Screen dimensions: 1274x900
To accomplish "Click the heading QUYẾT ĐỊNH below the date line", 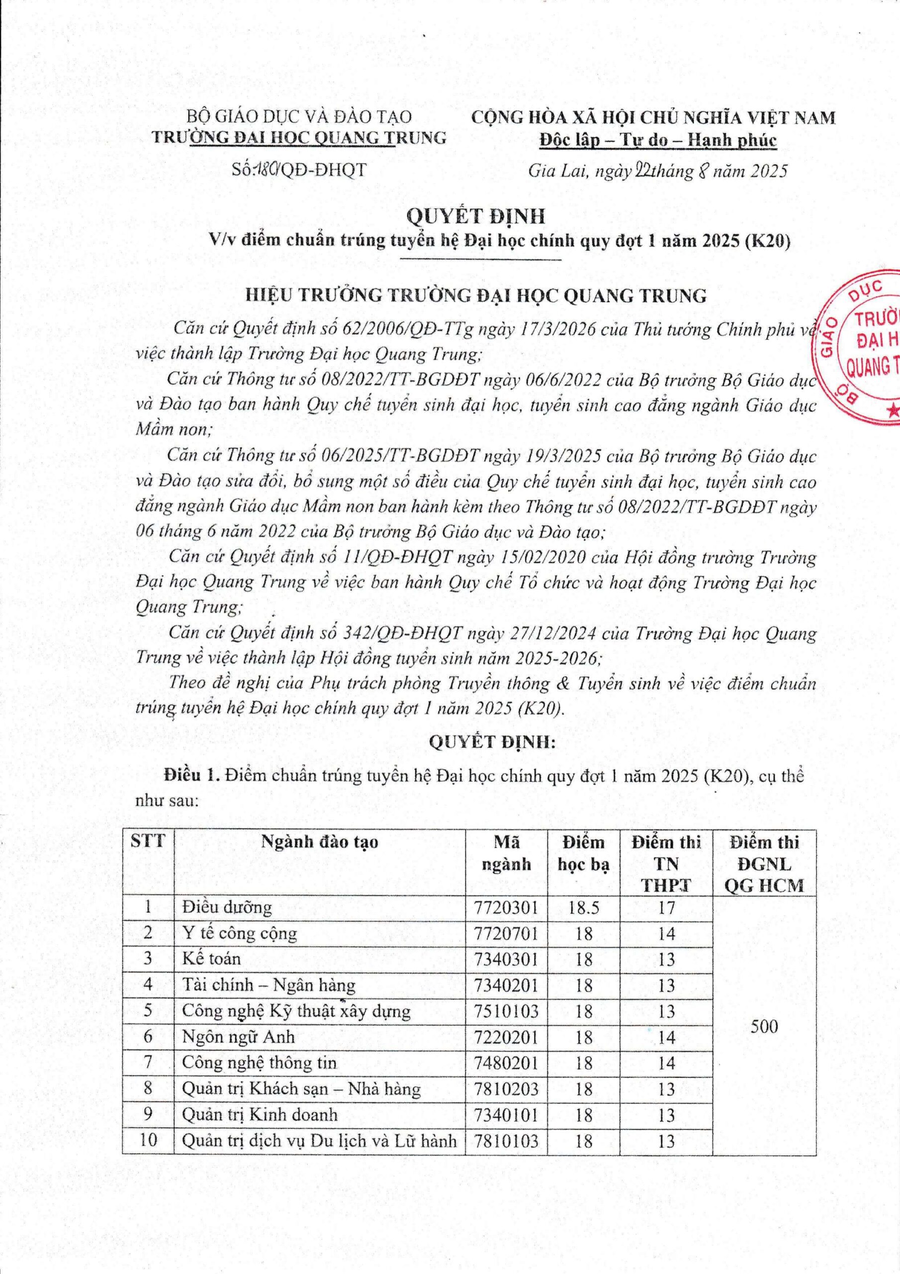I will click(476, 216).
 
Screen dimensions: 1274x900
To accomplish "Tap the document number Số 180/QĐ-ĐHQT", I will click(299, 169).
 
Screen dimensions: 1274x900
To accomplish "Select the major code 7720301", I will click(506, 907).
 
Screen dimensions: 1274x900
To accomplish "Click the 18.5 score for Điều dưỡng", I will click(583, 907).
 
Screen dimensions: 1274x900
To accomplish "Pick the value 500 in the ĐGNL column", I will click(764, 1027).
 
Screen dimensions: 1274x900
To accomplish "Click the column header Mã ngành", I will click(506, 853).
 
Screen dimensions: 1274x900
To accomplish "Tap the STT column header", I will click(148, 841).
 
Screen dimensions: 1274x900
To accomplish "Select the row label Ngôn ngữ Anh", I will click(239, 1037).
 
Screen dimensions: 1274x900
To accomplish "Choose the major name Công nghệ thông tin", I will click(259, 1063).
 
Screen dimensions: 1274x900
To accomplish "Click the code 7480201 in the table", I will click(506, 1063).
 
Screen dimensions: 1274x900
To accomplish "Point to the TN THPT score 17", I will click(666, 907).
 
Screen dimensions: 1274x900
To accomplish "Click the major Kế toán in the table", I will click(211, 959).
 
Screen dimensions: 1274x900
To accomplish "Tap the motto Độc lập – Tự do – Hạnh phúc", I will click(658, 140).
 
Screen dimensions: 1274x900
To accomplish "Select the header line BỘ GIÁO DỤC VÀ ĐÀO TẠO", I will click(299, 116).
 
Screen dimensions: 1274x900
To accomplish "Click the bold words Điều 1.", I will click(188, 776).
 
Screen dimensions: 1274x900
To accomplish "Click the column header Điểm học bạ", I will click(583, 853).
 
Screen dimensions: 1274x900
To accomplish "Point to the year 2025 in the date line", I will click(769, 170).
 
